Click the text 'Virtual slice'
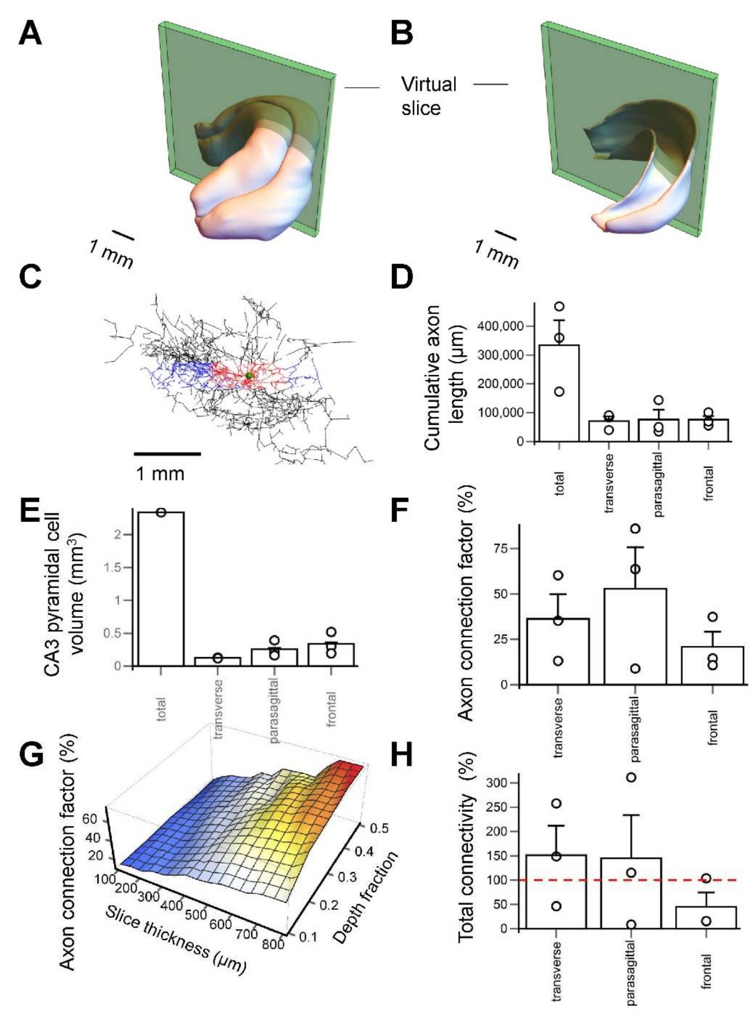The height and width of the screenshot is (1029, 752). pyautogui.click(x=428, y=96)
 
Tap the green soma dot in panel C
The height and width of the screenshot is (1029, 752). pyautogui.click(x=249, y=376)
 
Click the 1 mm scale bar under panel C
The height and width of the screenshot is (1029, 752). pyautogui.click(x=167, y=454)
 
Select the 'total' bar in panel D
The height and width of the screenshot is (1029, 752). pyautogui.click(x=559, y=394)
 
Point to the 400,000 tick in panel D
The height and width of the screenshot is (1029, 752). pyautogui.click(x=503, y=326)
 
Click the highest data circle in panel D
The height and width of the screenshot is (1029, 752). pyautogui.click(x=559, y=306)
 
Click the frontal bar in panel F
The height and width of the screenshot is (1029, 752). pyautogui.click(x=713, y=665)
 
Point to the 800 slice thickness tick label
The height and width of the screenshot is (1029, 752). pyautogui.click(x=274, y=944)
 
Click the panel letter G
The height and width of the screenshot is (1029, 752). pyautogui.click(x=30, y=754)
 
